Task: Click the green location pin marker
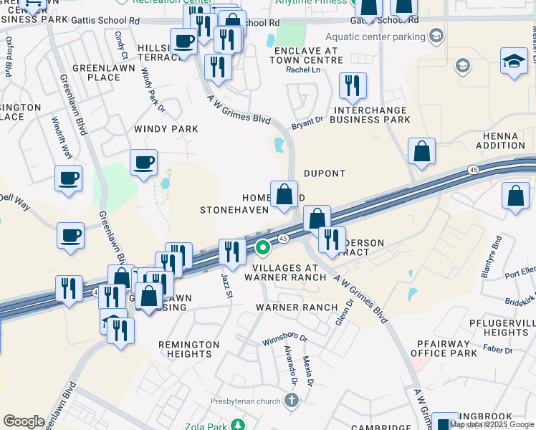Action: [263, 248]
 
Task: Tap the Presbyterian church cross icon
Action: [292, 400]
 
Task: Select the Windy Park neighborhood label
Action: [166, 129]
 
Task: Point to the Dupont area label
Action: [325, 173]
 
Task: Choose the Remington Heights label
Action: [189, 349]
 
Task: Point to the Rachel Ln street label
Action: [302, 70]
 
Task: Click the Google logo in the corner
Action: [24, 421]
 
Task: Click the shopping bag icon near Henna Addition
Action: [422, 153]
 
